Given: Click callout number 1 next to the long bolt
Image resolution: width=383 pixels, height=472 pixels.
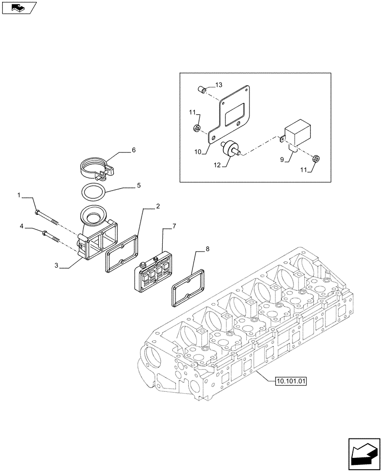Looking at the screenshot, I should point(19,195).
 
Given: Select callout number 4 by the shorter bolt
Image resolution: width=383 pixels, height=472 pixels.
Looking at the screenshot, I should point(22,228).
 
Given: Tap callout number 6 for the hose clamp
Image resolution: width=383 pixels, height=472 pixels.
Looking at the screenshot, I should point(133,150).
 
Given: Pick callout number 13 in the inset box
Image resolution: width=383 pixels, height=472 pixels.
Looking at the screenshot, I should point(218,84).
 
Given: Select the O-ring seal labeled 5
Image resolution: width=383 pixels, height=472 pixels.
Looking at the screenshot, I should point(93,193).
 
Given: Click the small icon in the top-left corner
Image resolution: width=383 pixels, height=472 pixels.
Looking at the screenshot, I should point(18,8).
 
